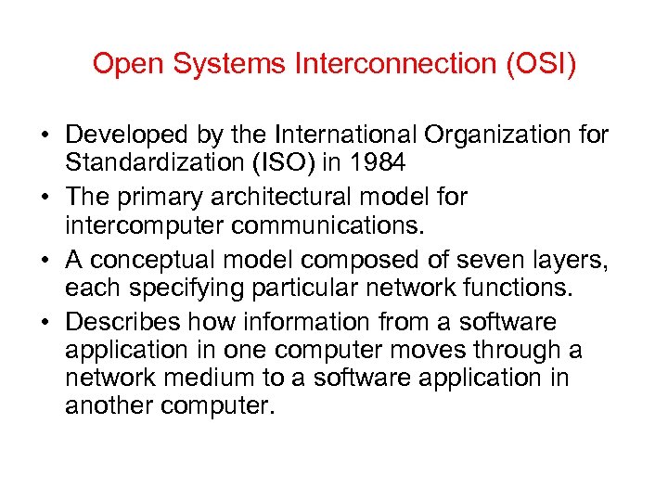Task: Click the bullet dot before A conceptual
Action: pos(45,261)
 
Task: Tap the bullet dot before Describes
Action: pos(45,323)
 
